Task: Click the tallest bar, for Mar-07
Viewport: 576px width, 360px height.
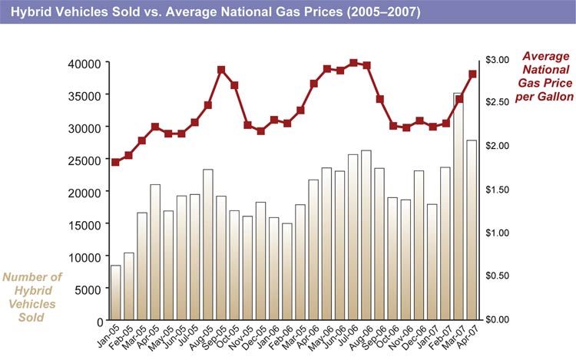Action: click(458, 207)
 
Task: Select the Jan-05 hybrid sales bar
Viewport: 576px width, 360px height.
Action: click(115, 292)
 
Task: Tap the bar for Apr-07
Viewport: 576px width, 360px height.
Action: click(472, 230)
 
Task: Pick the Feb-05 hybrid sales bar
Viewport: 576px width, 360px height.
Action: click(129, 286)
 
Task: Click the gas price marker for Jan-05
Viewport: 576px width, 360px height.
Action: click(115, 162)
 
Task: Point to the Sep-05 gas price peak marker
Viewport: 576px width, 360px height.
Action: click(221, 70)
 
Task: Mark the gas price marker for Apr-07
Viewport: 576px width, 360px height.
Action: click(472, 74)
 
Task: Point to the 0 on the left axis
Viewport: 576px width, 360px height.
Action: click(99, 321)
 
